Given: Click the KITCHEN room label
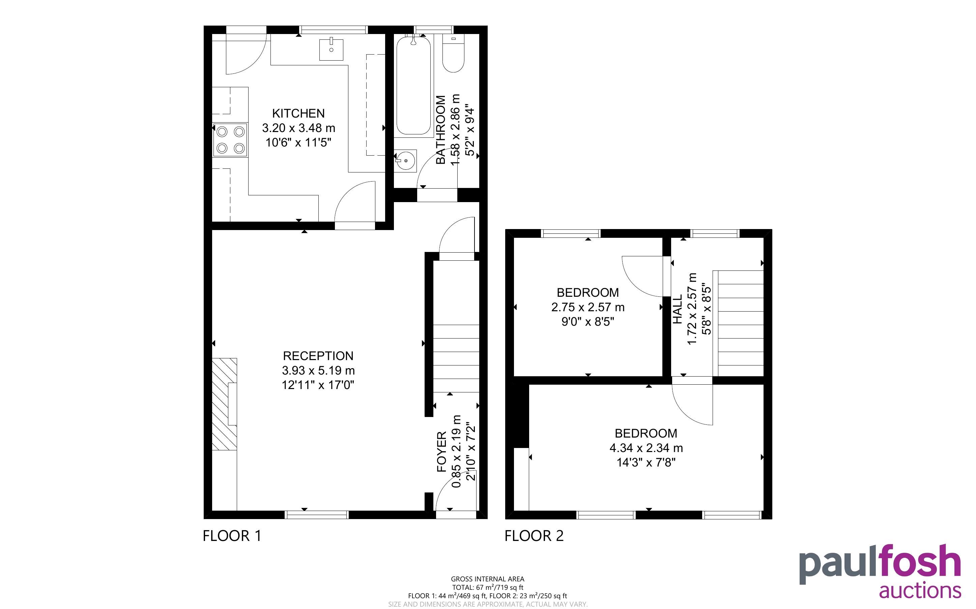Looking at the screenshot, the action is point(298,113).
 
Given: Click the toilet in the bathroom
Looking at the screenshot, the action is point(453,54).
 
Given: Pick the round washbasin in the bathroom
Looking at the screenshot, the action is point(405,161).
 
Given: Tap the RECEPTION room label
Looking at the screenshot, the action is point(318,356).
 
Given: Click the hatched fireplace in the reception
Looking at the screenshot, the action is point(225,404).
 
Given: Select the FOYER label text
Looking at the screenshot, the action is point(442,451).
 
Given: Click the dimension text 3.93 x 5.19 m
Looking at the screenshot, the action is point(318,370).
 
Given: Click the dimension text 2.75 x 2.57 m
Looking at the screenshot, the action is point(588,307).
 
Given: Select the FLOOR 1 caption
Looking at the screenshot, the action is point(232,536).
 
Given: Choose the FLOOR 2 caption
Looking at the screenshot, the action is point(534,536).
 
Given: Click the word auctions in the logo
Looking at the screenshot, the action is point(920,591).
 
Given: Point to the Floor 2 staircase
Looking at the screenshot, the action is point(738,323).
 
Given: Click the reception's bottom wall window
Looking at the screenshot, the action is point(317,515).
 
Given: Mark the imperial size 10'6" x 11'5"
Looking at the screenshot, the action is point(298,142).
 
